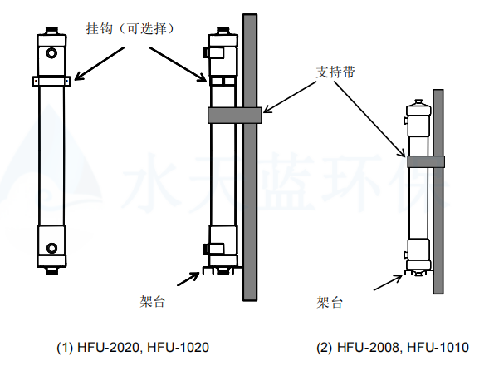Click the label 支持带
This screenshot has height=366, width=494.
click(x=335, y=71)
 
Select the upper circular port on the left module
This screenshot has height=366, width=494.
click(x=51, y=54)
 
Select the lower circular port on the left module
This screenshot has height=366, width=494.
click(x=51, y=247)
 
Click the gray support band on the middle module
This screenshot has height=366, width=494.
click(x=235, y=115)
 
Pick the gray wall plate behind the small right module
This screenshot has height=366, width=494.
click(x=438, y=191)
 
